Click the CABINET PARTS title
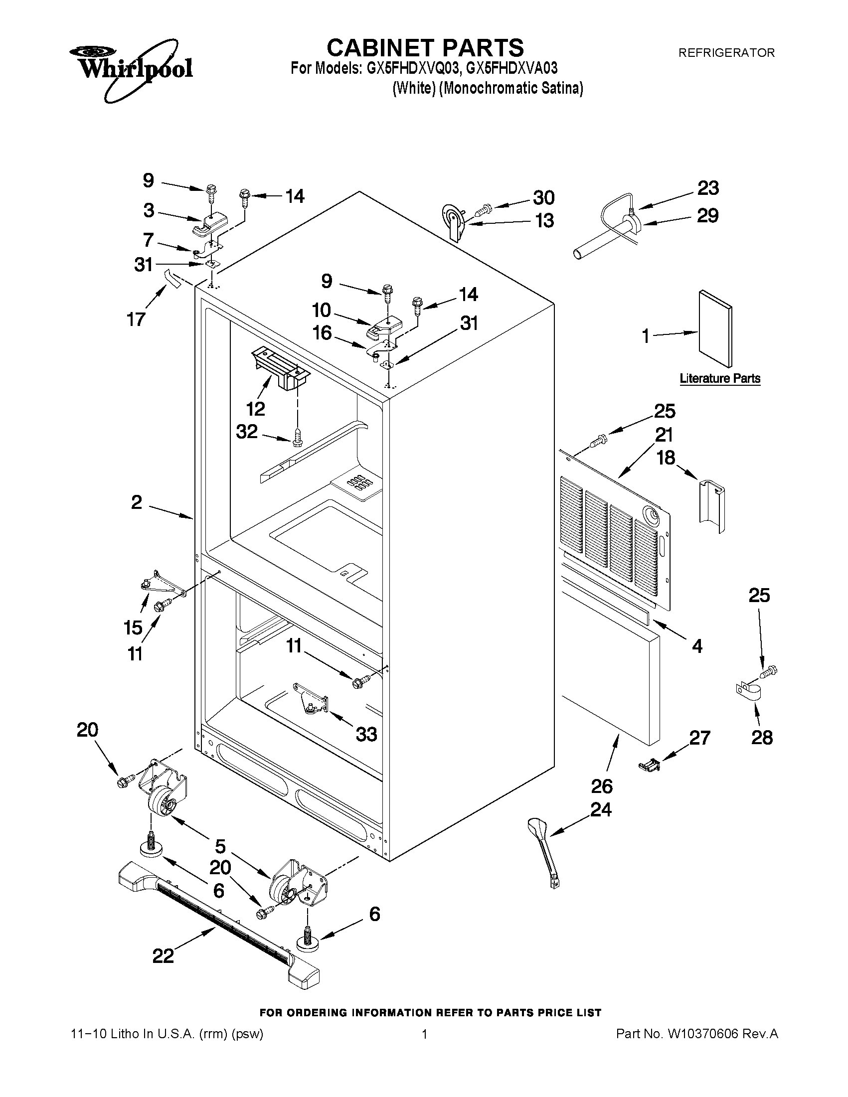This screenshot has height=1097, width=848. point(425,48)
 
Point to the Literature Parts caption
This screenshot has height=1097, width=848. point(719,378)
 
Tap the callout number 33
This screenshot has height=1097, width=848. point(366,734)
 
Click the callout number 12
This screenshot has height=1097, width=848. point(256,409)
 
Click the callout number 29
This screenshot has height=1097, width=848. point(707,215)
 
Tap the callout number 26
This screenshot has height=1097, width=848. point(602,786)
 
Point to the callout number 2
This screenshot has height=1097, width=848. point(137,502)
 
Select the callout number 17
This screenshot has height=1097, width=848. point(136,319)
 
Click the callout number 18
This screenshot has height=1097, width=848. point(666,458)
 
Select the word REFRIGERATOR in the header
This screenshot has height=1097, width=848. point(726,53)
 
